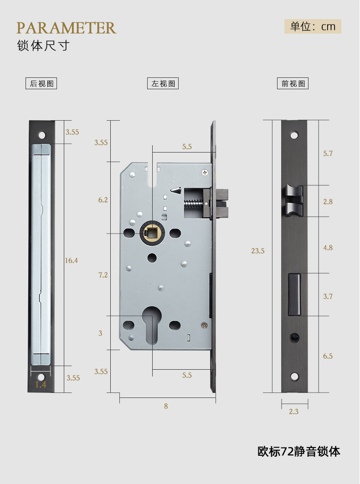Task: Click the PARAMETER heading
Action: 67,28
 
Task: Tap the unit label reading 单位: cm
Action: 313,26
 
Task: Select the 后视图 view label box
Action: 41,83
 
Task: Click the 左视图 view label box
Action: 163,83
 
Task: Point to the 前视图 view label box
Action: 293,83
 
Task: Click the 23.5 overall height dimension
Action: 258,250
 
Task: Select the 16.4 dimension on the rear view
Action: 71,260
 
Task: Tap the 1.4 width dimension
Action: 41,384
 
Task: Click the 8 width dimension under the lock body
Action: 166,406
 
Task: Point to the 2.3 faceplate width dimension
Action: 293,412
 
